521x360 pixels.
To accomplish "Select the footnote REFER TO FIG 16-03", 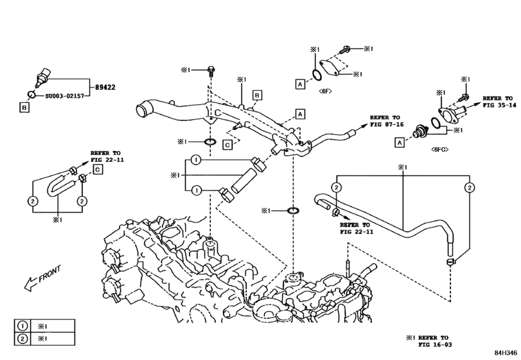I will point(431,341).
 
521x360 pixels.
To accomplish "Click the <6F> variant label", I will point(324,91).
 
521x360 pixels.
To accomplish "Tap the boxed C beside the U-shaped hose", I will point(98,169).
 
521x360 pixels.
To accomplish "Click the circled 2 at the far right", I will point(470,187).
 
